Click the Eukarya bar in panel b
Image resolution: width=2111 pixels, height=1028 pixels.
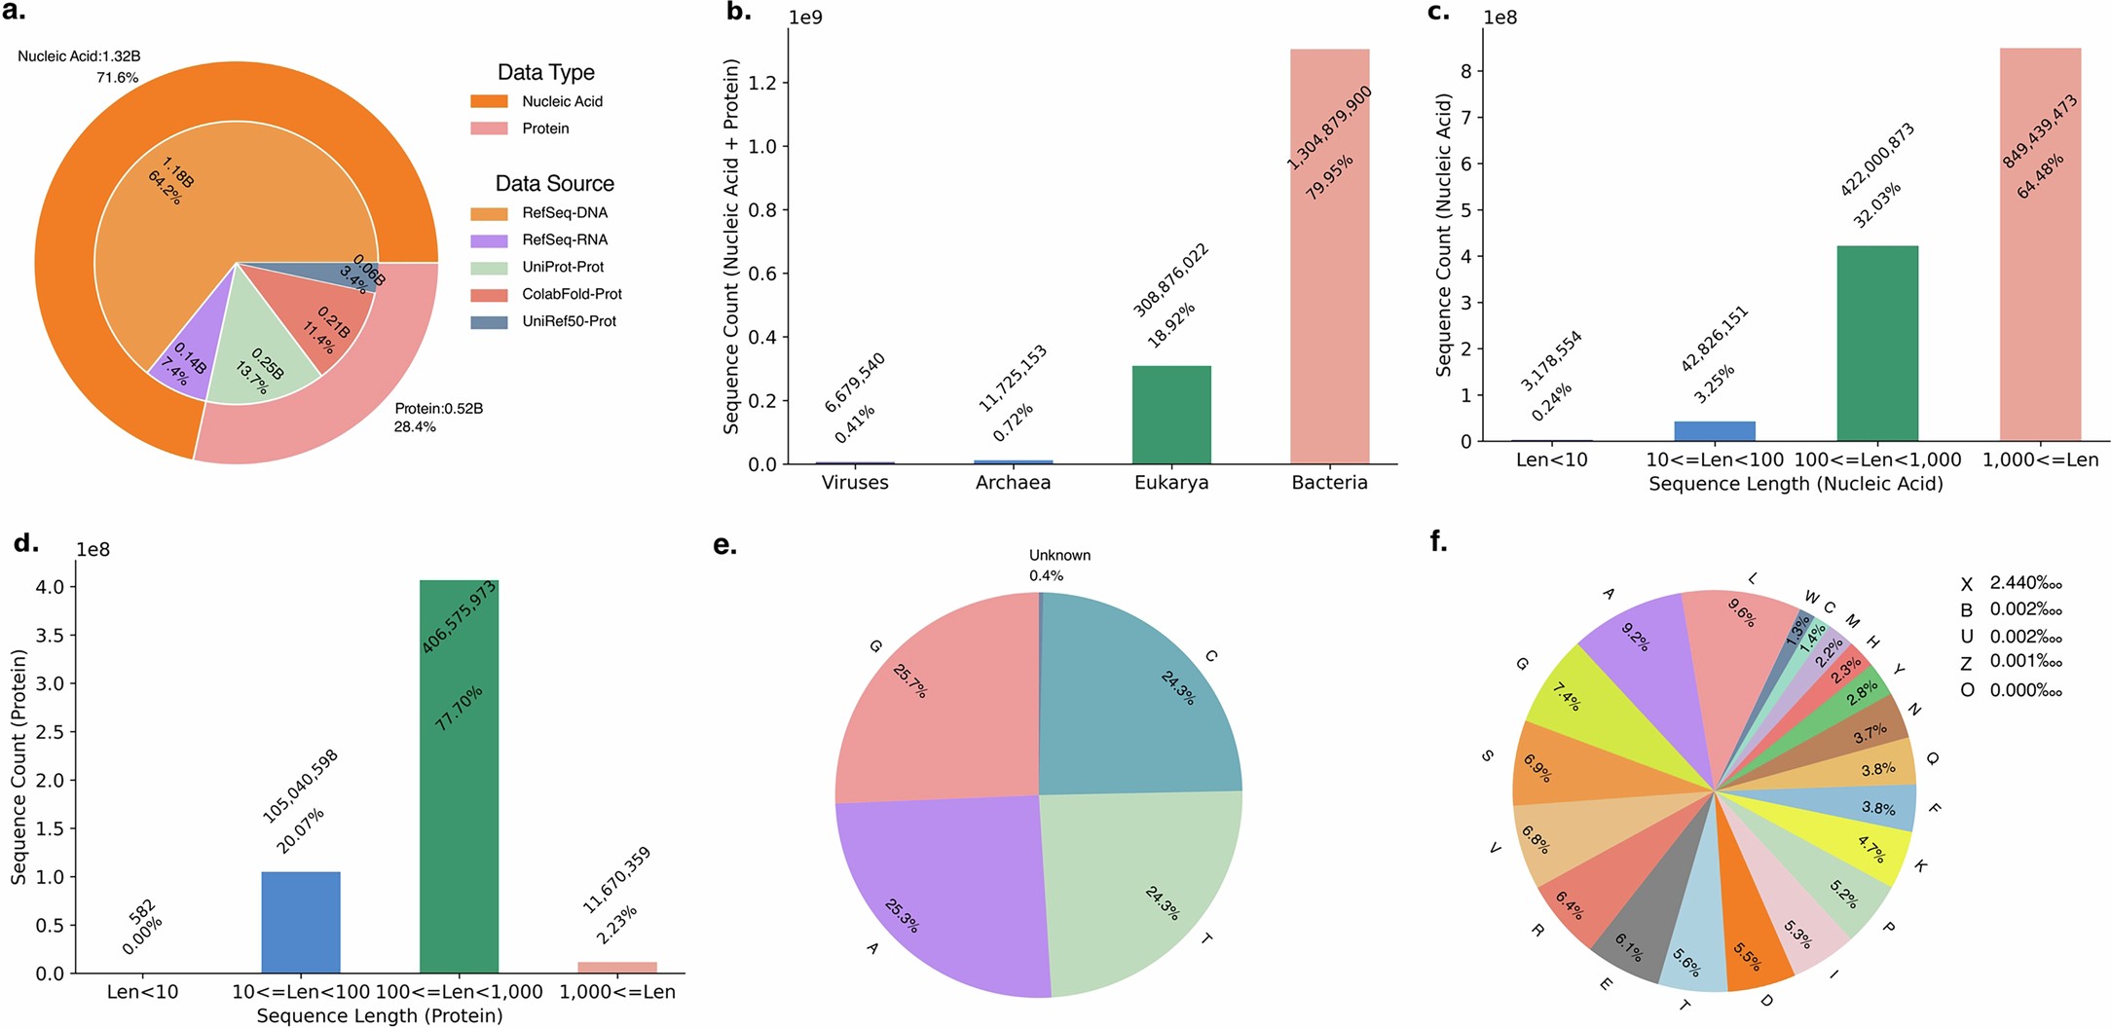click(1171, 416)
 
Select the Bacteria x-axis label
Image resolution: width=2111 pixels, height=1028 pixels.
click(1329, 483)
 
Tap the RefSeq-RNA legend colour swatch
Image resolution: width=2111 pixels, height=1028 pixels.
click(489, 240)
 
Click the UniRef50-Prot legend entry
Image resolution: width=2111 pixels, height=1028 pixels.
click(569, 321)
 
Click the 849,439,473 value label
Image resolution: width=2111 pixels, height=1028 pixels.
click(2039, 132)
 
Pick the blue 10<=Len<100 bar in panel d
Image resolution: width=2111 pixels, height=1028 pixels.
click(301, 922)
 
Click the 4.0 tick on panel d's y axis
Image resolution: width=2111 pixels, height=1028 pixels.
click(50, 587)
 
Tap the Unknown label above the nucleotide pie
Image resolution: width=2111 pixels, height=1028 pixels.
click(1059, 556)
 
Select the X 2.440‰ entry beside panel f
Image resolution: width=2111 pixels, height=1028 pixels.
click(2012, 583)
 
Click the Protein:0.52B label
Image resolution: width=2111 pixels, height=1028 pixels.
click(438, 409)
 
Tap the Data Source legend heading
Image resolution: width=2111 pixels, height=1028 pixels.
click(554, 184)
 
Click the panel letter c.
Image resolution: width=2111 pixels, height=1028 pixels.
click(1438, 14)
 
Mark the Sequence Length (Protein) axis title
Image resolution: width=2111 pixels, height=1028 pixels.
click(380, 1016)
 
